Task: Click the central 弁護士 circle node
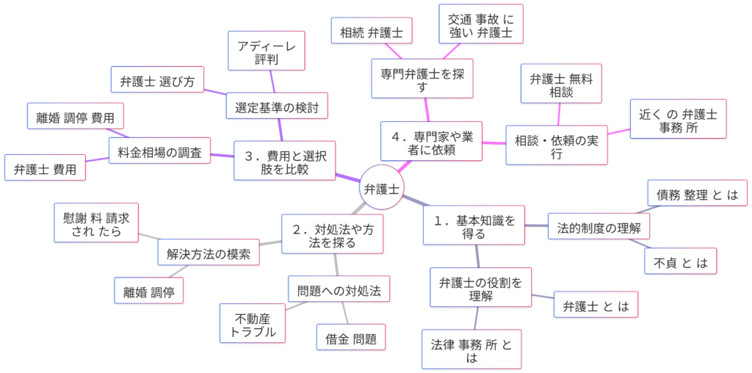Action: (381, 189)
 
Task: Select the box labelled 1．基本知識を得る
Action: (474, 225)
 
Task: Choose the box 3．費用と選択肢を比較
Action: (285, 161)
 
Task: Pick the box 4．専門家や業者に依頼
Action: (431, 142)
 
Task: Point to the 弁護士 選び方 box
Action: (157, 81)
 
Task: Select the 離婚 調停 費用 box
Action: (76, 116)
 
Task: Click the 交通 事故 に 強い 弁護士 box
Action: (480, 26)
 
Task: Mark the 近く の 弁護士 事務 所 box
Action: (679, 119)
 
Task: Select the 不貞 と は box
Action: (680, 261)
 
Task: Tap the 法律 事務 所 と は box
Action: (471, 350)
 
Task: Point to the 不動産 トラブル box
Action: (253, 324)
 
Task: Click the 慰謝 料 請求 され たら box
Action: (96, 222)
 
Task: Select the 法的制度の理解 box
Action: (599, 225)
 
